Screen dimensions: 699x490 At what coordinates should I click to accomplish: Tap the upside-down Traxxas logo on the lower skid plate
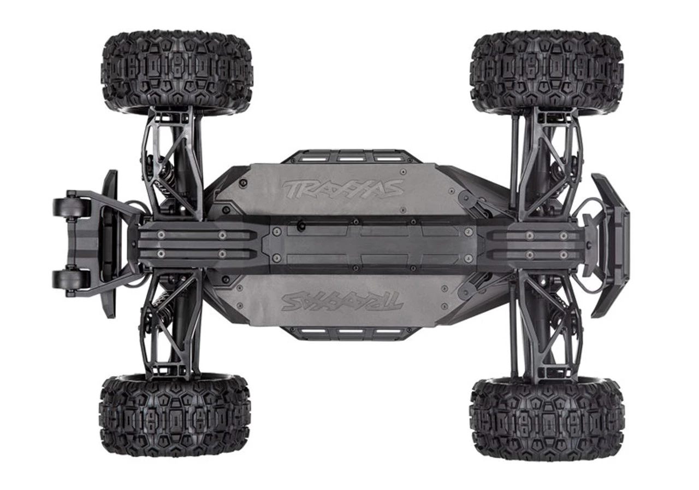(x=342, y=302)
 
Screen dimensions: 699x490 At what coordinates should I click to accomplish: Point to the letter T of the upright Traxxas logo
(x=292, y=188)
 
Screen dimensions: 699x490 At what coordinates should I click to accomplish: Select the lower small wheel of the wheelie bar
(x=72, y=279)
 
